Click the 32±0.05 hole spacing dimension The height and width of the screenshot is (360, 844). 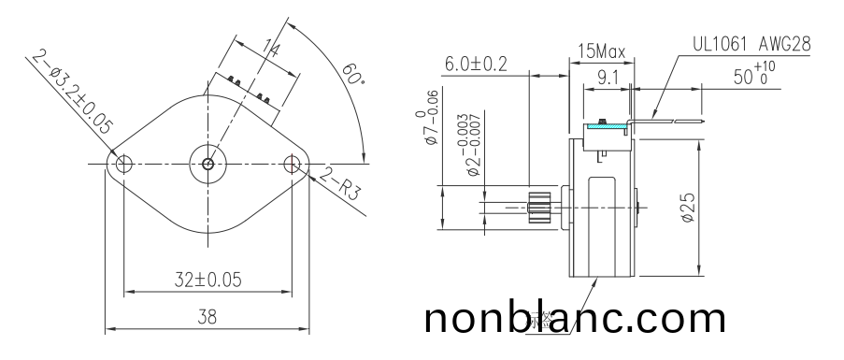[207, 280]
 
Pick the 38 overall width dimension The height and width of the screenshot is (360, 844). [207, 318]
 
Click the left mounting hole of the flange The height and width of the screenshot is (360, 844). [120, 165]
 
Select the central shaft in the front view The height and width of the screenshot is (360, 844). [207, 165]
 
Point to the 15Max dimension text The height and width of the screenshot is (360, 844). [600, 50]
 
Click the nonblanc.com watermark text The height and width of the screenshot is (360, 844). [574, 319]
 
